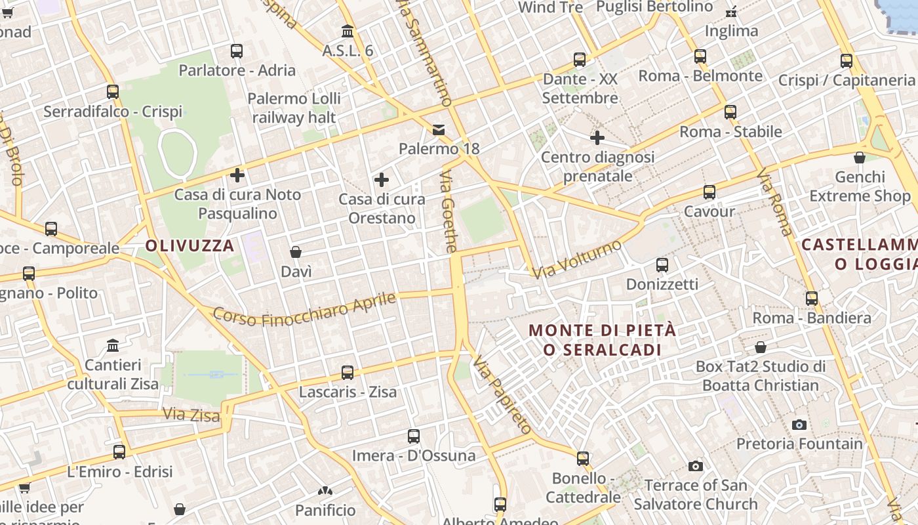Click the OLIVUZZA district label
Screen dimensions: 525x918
[x=190, y=246]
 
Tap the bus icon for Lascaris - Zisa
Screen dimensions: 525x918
[x=348, y=373]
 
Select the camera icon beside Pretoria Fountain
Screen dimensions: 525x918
[x=799, y=425]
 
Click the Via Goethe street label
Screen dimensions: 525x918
[x=449, y=212]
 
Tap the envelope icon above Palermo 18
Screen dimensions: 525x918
[x=438, y=130]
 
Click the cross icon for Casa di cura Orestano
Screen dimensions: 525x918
[x=381, y=180]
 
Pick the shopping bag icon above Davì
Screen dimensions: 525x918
[x=296, y=252]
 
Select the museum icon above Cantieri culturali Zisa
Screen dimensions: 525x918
[x=113, y=345]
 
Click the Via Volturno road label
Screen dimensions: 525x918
[x=576, y=259]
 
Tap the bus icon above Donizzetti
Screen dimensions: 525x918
[x=662, y=265]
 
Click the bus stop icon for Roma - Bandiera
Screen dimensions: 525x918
[x=812, y=298]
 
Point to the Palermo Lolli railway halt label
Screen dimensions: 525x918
[x=294, y=108]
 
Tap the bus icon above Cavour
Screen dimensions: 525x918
[x=709, y=192]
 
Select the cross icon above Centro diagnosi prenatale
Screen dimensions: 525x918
[x=597, y=138]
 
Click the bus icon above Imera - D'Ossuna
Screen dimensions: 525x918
[x=414, y=436]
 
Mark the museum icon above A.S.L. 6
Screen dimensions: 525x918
[x=348, y=31]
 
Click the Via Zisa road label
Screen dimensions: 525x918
[x=182, y=415]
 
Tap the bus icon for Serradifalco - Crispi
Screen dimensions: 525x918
[x=113, y=92]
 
